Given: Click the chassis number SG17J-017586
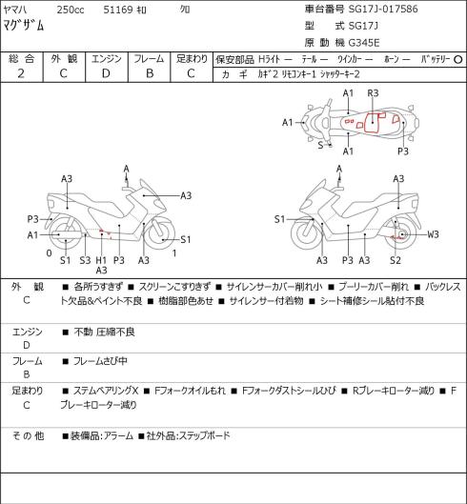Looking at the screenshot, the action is pos(383,9).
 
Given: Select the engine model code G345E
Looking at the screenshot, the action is pos(364,43).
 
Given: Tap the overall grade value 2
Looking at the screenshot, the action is pos(21,73).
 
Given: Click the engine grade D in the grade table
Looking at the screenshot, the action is pos(106,73).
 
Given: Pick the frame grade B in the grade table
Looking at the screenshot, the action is pos(150,73).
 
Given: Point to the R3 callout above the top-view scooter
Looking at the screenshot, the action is pos(373,93).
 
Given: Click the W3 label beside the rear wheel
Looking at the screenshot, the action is pos(433,234).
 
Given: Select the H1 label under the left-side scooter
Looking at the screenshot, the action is pos(101,260).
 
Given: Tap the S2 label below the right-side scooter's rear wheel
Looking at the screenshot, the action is pos(396,260).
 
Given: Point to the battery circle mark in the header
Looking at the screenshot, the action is pos(458,60).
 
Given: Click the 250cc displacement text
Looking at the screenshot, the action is pos(71,10).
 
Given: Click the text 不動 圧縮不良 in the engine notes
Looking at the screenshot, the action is pos(104,332).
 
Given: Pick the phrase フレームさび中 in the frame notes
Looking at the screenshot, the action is pos(100,361).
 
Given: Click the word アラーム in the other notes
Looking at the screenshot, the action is pos(119,436).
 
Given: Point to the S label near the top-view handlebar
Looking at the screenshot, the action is pos(320,145).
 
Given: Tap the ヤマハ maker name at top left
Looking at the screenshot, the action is pos(15,10).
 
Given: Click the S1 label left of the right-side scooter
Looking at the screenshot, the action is pos(280,219).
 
